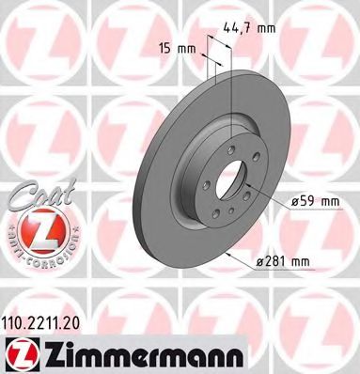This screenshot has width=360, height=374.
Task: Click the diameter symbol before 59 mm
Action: tap(295, 200)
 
